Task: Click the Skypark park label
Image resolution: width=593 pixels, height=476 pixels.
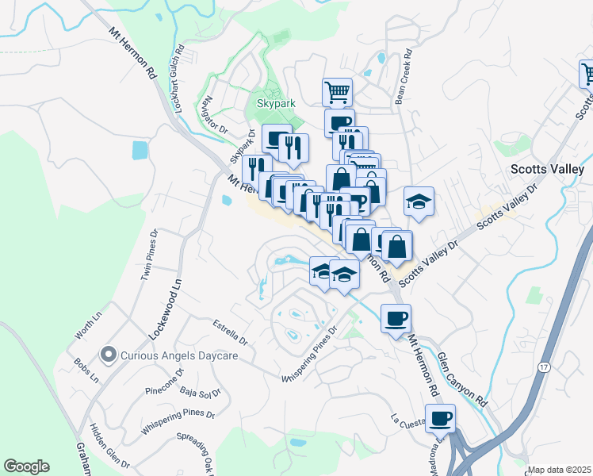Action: point(275,103)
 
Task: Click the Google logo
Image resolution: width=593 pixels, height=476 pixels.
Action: point(26,466)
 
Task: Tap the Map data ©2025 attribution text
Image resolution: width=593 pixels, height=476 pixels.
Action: point(559,470)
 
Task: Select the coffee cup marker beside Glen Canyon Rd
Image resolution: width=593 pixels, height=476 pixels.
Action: point(395,319)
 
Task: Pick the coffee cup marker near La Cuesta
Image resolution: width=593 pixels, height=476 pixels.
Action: point(440,417)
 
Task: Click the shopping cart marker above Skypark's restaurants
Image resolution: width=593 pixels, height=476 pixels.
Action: point(338,92)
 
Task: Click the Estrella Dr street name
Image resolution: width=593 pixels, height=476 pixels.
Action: point(231,332)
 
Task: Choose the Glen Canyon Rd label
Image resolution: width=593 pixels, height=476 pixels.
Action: point(461,381)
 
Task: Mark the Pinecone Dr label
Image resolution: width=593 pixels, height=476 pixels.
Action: point(165,382)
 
